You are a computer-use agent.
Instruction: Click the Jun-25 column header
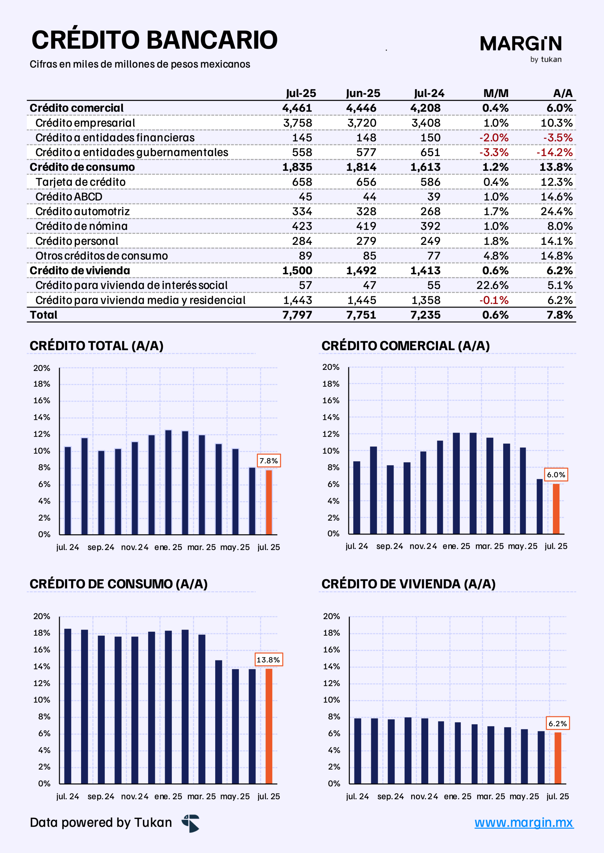(363, 93)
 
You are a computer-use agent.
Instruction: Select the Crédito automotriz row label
(83, 211)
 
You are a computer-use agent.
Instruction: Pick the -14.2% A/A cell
(554, 152)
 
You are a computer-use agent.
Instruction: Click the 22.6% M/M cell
(492, 285)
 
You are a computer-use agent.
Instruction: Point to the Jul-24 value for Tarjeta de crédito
(430, 182)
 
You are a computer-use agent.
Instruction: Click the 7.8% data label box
(269, 461)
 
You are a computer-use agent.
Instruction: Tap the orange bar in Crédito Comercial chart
(556, 509)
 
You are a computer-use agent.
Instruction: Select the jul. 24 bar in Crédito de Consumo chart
(68, 706)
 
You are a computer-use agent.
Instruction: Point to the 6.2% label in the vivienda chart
(558, 724)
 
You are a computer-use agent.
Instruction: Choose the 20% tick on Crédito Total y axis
(42, 368)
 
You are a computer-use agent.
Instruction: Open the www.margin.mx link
(524, 823)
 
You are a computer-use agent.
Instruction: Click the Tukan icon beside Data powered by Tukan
(191, 823)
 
